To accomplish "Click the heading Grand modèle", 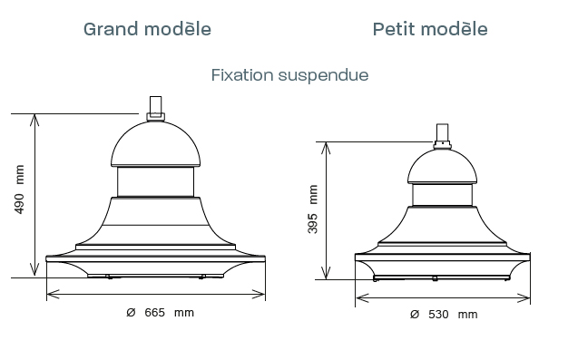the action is click(x=147, y=29).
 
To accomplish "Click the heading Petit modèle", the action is click(x=430, y=29).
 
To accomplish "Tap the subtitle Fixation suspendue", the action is click(x=289, y=75).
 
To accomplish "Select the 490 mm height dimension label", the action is click(x=19, y=190).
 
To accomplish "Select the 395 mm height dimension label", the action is click(x=312, y=209).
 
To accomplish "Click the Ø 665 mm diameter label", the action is click(x=160, y=313).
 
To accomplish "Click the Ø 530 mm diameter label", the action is click(x=444, y=315).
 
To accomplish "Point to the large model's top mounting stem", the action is click(x=156, y=108).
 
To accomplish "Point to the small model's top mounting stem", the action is click(x=442, y=136).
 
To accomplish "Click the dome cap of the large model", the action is click(x=155, y=144).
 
